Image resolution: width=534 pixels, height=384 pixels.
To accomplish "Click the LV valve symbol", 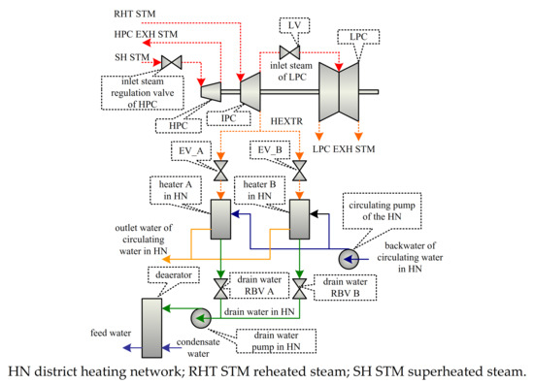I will click(x=289, y=51).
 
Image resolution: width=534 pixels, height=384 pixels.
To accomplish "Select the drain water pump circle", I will click(x=202, y=317).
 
